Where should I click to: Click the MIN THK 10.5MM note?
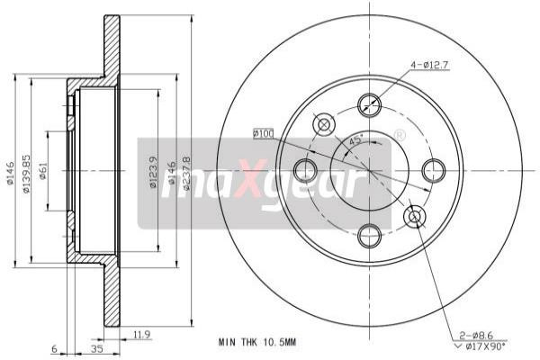[x=256, y=343]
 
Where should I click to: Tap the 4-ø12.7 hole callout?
[x=431, y=64]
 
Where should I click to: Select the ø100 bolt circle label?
[x=263, y=133]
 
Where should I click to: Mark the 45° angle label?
[x=355, y=141]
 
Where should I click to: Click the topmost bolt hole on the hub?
[x=369, y=104]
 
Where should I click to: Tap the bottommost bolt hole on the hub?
[x=369, y=236]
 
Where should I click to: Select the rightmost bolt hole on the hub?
[x=435, y=170]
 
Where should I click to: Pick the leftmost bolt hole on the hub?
[x=304, y=170]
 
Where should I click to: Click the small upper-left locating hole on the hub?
[x=323, y=123]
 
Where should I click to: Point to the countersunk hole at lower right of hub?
[x=415, y=216]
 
